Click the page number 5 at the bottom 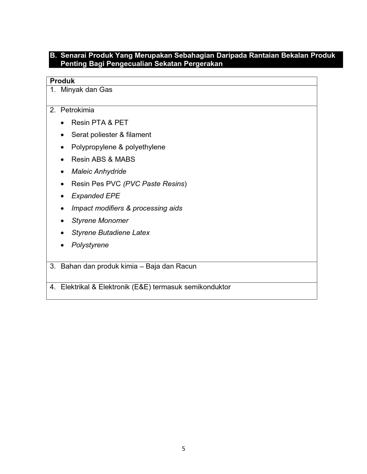(x=183, y=449)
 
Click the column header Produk (x=62, y=81)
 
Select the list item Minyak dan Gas (x=86, y=90)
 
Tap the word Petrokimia (x=77, y=110)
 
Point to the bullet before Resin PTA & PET (x=62, y=123)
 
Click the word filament (x=138, y=135)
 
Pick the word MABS (x=125, y=159)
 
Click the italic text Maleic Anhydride (x=99, y=172)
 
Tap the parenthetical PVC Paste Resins (x=155, y=184)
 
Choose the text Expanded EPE (x=96, y=196)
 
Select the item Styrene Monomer (x=100, y=221)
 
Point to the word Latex (x=141, y=233)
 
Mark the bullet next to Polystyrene (x=62, y=245)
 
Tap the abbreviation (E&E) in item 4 (x=141, y=287)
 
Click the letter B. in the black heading (x=53, y=55)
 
